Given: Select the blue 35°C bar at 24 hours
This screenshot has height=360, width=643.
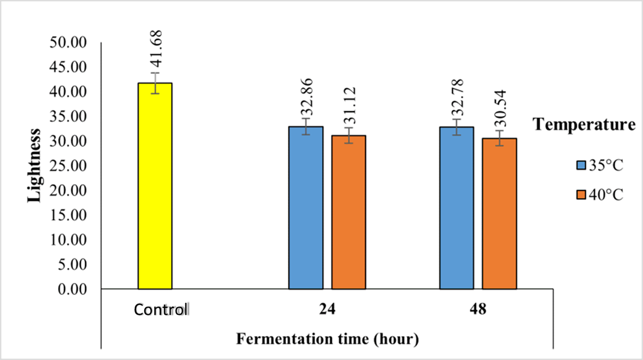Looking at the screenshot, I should pos(306,208).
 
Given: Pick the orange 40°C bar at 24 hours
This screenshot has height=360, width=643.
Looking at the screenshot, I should pos(349,212).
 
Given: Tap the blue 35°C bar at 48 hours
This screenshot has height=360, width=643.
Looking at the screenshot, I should pos(457,208).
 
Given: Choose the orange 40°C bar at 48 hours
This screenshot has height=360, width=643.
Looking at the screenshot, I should pos(500,213).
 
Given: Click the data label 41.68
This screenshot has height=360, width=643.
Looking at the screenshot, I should pos(156,49).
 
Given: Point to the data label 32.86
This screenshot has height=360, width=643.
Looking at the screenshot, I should pos(307,97).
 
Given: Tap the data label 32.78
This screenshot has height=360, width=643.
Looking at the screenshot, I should pos(458,98).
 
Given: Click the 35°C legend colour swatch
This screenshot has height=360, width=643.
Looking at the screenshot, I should pos(581,165).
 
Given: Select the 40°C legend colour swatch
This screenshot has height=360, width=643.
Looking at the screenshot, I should pos(581,194).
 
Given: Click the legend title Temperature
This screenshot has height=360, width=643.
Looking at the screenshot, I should pos(584,124).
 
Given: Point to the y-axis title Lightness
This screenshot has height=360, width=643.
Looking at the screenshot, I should pos(34,166).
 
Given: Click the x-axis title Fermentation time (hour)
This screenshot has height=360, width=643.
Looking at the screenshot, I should pos(327,339).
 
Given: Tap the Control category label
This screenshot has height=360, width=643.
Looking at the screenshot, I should pos(161,309).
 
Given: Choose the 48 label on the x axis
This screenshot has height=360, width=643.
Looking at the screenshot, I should pos(478,309).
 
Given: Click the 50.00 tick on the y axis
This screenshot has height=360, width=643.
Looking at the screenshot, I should pos(68,42).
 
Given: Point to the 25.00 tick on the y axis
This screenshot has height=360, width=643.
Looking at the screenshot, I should pos(68,166).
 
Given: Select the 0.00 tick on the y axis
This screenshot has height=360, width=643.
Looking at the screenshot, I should pos(72,289).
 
